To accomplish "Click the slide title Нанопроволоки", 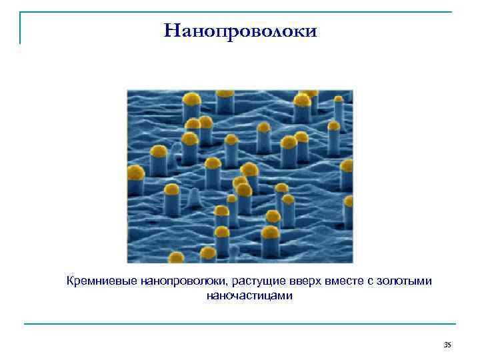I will click(x=240, y=31).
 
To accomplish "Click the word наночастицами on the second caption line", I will click(x=249, y=295).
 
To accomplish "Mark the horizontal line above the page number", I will click(x=240, y=324).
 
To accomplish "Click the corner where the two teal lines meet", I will click(x=20, y=13).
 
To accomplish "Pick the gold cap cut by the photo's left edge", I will click(x=135, y=173).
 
